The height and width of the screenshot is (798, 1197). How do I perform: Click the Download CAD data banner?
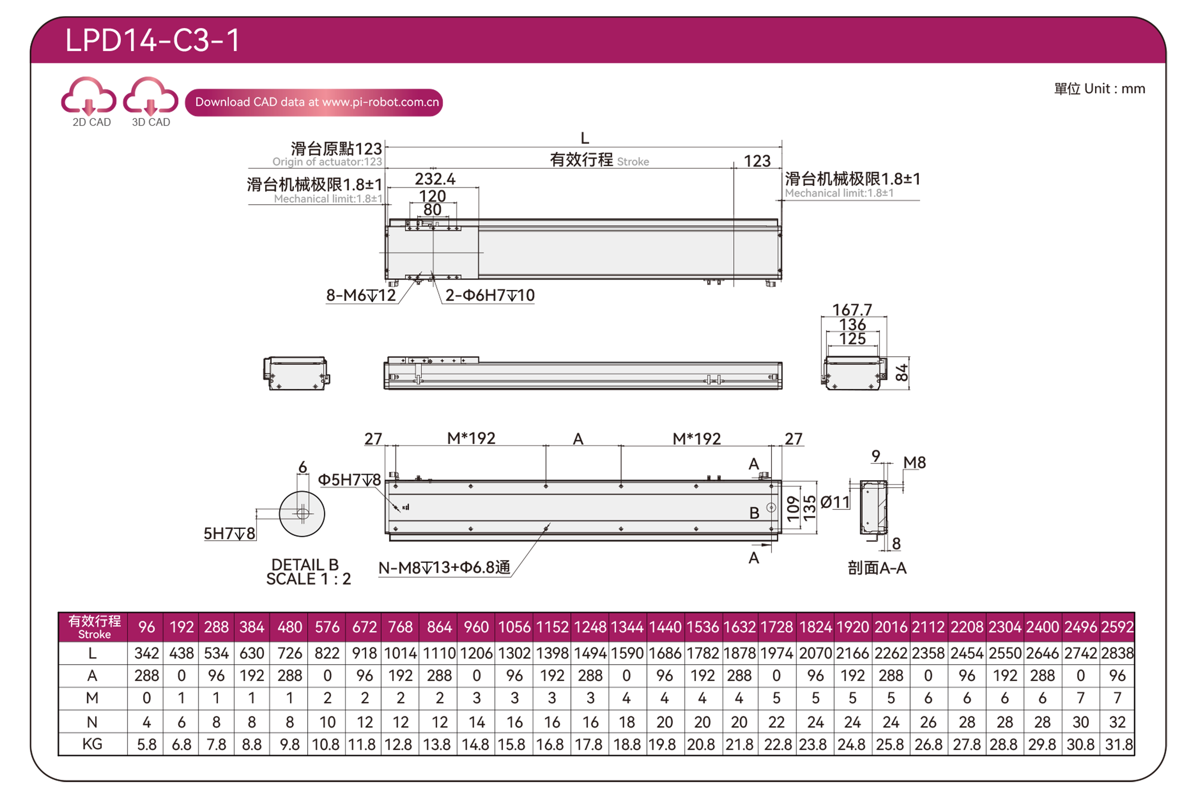[x=314, y=102]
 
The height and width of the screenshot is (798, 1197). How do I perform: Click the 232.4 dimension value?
[x=435, y=179]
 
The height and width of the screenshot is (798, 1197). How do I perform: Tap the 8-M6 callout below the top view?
[x=361, y=295]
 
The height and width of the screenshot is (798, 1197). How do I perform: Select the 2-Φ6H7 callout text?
[x=490, y=295]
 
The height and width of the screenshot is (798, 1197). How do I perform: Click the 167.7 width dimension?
[x=852, y=309]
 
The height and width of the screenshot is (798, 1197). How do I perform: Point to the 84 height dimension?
[x=901, y=373]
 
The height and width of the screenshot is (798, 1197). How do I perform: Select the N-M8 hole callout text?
[x=444, y=568]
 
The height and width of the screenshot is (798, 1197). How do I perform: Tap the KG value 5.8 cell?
[x=146, y=745]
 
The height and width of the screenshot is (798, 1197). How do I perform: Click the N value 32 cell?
[x=1118, y=722]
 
